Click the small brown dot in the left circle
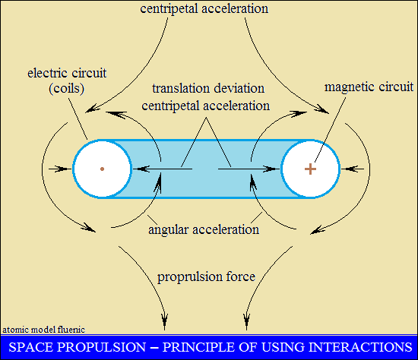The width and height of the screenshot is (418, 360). click(102, 169)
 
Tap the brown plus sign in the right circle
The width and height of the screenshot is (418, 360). click(310, 169)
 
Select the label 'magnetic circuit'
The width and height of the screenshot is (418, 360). click(369, 87)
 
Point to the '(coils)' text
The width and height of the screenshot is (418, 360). click(67, 88)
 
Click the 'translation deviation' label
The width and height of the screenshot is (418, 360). click(208, 88)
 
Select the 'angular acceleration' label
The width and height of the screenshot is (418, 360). click(204, 229)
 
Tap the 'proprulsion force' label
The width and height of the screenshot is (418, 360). click(206, 276)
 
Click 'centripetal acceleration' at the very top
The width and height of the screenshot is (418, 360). click(204, 8)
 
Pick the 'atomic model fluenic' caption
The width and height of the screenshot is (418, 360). click(44, 330)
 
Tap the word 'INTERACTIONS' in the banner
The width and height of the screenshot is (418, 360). click(360, 347)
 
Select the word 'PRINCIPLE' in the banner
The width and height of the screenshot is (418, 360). click(198, 347)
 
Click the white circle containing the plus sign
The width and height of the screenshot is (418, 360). click(310, 169)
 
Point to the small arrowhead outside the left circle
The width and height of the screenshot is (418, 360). click(62, 169)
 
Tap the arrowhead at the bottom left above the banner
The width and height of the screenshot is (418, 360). click(164, 321)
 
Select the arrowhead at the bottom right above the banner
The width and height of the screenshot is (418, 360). click(246, 321)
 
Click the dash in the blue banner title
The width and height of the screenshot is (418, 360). click(154, 348)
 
